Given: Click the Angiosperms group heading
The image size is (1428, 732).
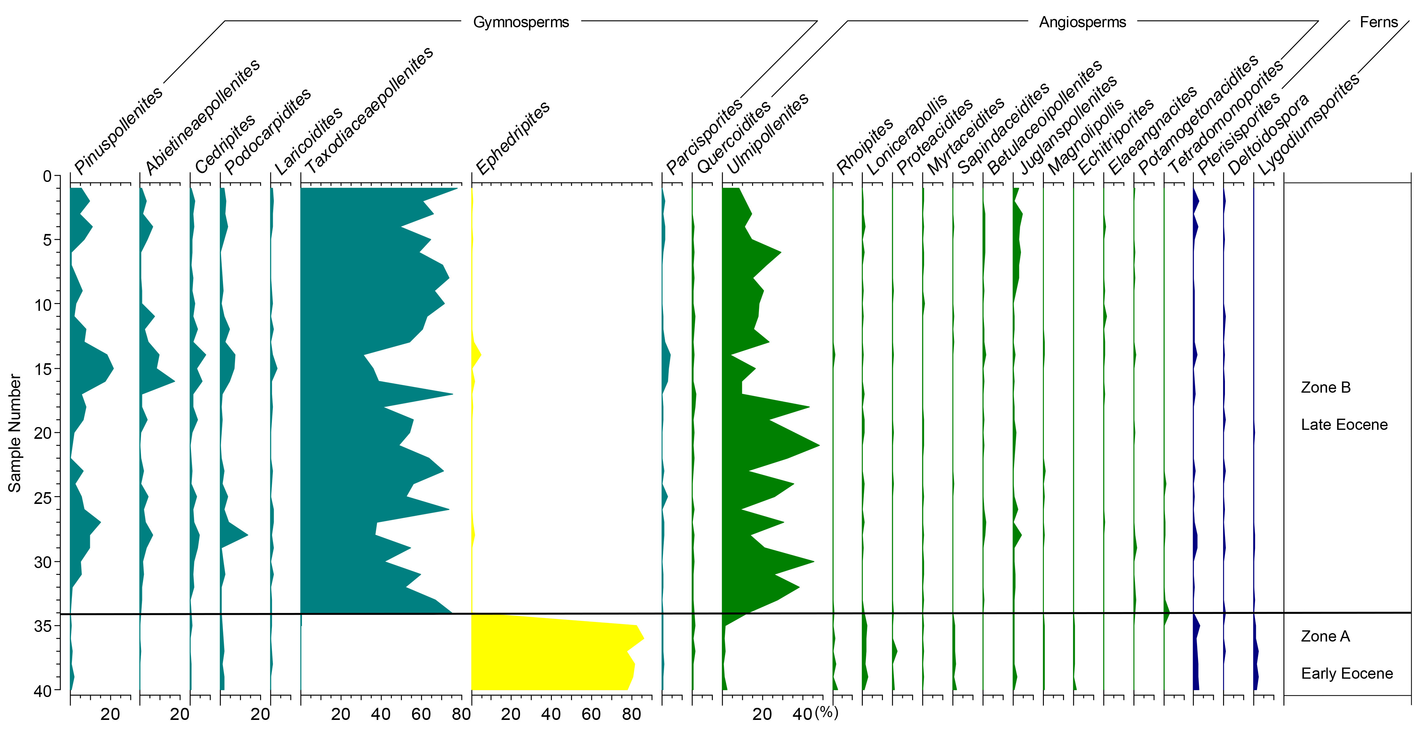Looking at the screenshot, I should (x=1082, y=22).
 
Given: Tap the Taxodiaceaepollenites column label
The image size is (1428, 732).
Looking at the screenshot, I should (x=369, y=111).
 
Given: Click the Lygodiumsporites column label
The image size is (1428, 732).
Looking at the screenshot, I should (x=1308, y=124).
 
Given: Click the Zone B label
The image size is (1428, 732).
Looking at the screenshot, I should (x=1325, y=387).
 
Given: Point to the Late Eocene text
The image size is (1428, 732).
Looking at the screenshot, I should (x=1344, y=425).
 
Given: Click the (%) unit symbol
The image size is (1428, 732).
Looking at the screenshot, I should (x=827, y=712).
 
